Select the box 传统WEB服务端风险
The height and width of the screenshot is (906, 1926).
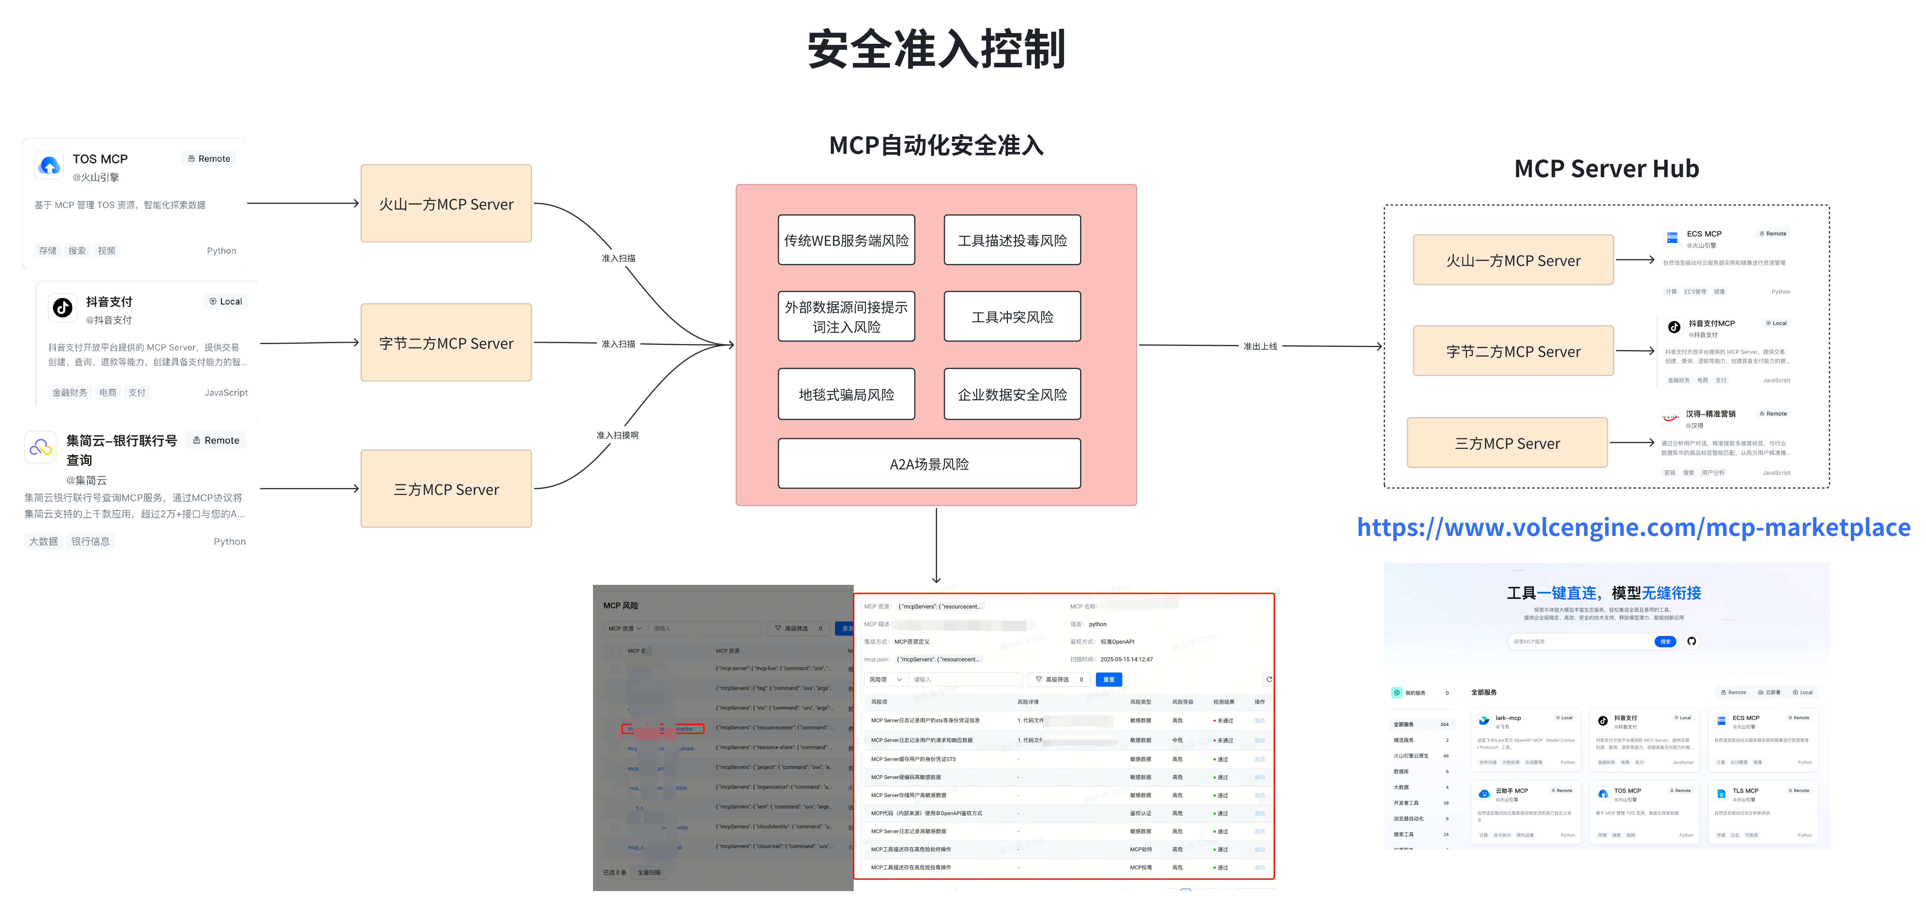(x=847, y=240)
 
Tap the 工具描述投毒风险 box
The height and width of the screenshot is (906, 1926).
(x=1012, y=240)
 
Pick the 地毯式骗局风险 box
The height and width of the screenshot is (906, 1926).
(x=847, y=394)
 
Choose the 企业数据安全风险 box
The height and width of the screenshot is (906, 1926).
(x=1012, y=394)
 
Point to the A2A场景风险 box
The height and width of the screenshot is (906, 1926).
(x=930, y=464)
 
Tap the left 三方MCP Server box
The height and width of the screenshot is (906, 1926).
(x=446, y=489)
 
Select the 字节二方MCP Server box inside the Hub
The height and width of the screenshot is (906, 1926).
(x=1513, y=351)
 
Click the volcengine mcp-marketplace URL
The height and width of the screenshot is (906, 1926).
(x=1634, y=527)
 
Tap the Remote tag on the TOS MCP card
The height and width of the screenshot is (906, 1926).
(x=209, y=158)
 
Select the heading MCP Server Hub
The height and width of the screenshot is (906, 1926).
(x=1607, y=168)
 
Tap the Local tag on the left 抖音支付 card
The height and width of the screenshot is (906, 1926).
(x=226, y=301)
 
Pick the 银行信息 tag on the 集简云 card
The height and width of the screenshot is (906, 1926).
(x=91, y=541)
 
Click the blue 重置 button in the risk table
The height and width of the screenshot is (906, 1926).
(x=1109, y=680)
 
